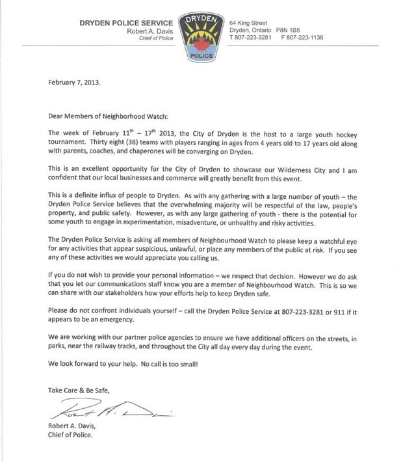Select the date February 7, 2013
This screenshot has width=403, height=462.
coord(75,83)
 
